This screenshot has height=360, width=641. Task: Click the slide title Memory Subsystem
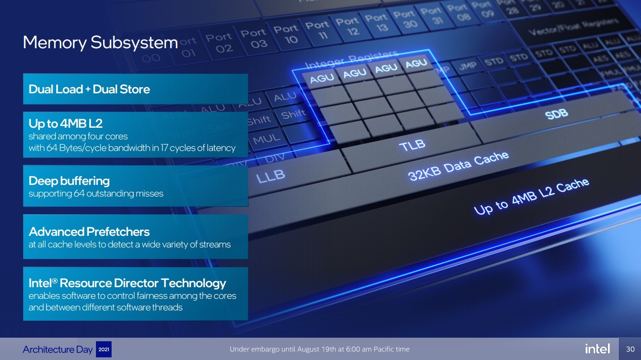[100, 42]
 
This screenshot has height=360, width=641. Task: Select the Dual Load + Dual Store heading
[89, 89]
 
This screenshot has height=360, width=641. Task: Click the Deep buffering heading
[69, 180]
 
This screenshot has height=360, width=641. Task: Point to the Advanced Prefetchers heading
[89, 231]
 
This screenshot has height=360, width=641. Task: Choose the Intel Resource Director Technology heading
[127, 283]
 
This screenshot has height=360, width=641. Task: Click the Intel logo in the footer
[597, 349]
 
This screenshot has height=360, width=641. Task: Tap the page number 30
[630, 349]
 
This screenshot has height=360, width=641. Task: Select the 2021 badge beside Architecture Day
[104, 349]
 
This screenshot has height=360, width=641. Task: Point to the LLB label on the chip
[271, 176]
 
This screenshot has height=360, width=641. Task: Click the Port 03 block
[254, 38]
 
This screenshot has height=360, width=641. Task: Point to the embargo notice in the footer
[319, 349]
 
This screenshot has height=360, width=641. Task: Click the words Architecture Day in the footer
[58, 349]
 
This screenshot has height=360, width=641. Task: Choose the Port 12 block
[347, 26]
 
